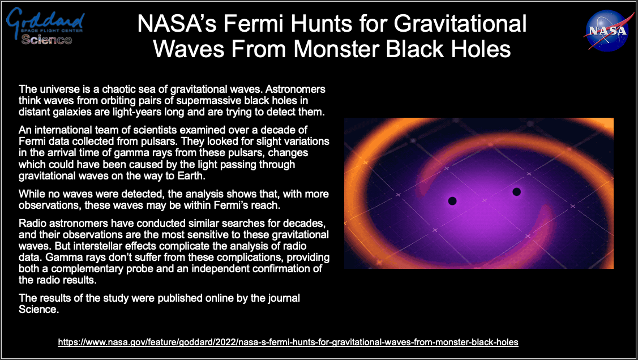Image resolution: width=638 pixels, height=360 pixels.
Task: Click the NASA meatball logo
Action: pyautogui.click(x=607, y=31)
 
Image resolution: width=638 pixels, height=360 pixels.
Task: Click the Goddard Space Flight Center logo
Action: pyautogui.click(x=45, y=26)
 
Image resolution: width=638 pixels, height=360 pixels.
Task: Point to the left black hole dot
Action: pyautogui.click(x=452, y=200)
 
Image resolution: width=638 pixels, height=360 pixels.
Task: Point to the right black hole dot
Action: pyautogui.click(x=516, y=191)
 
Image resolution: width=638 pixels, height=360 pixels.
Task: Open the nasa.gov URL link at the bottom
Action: pyautogui.click(x=288, y=342)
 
